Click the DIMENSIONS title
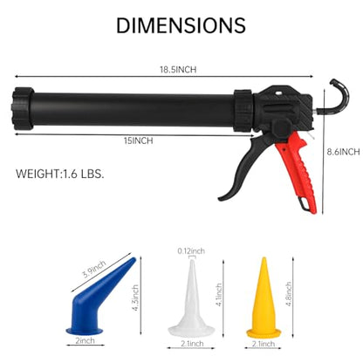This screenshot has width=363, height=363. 181,25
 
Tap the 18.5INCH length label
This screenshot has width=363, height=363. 178,70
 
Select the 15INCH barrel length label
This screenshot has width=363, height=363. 138,140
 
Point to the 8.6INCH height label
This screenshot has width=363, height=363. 343,152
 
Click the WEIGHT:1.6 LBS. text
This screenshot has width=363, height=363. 60,174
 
